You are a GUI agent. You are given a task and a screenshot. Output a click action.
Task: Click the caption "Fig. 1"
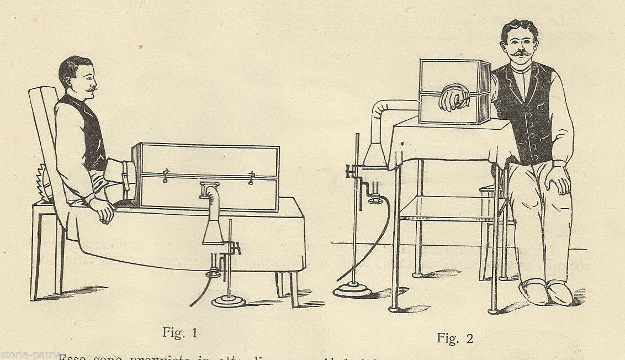click(180, 332)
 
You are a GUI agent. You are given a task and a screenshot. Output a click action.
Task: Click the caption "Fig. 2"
click(455, 337)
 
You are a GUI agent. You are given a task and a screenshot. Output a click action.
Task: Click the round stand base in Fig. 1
click(229, 301)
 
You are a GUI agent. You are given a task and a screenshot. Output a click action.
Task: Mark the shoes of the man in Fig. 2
click(546, 292)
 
